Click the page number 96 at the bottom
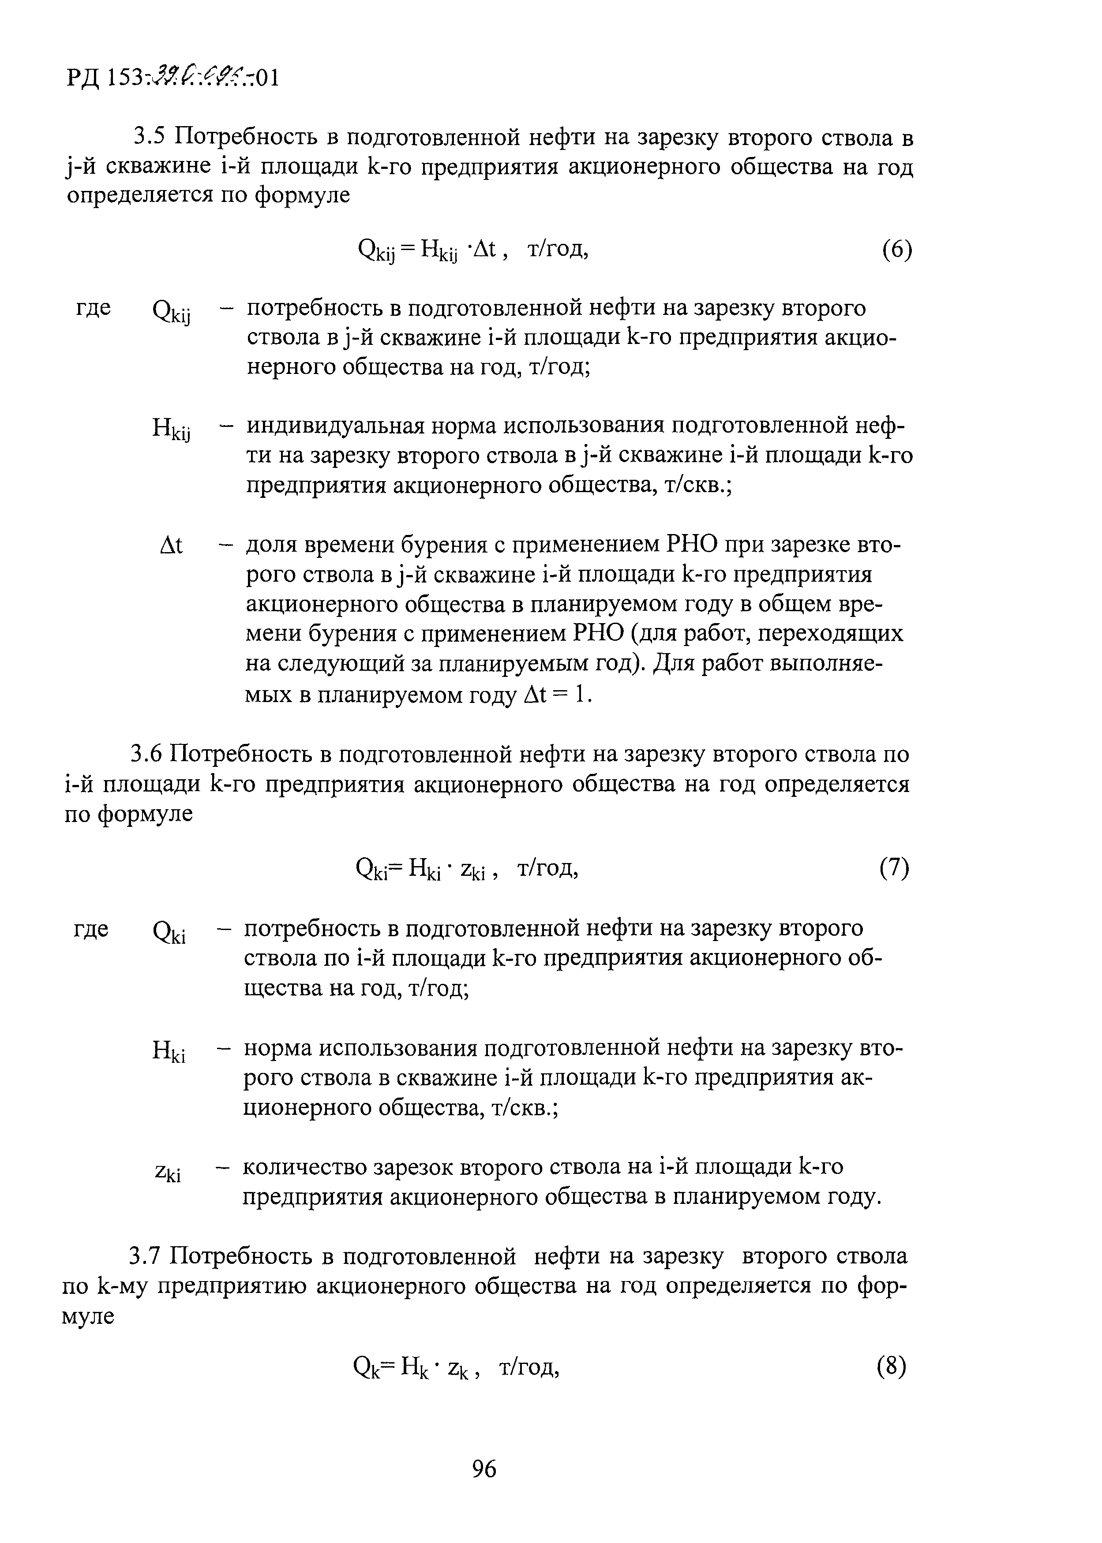click(484, 1468)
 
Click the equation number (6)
click(897, 250)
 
